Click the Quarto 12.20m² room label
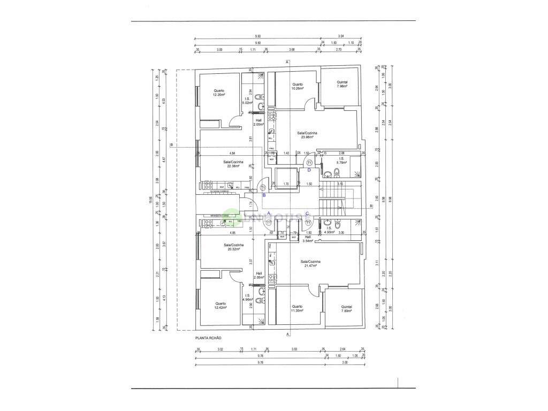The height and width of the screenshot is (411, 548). (218, 93)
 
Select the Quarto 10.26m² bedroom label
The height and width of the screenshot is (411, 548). (298, 86)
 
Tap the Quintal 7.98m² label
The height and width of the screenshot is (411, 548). (342, 84)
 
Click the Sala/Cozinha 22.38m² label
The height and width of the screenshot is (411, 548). (233, 163)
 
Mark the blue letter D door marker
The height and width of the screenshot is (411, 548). (309, 170)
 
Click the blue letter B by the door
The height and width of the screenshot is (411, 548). (264, 195)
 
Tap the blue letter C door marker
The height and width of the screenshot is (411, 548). (307, 214)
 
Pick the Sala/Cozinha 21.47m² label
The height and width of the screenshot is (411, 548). (311, 263)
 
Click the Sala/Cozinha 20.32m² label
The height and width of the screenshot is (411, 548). (233, 247)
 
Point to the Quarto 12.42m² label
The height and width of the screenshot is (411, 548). (219, 306)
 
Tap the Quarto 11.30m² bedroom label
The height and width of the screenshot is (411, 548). (297, 308)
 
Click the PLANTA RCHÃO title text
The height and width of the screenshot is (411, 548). (208, 338)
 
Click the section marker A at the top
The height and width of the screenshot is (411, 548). (287, 63)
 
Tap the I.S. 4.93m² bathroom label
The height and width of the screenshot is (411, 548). (329, 231)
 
